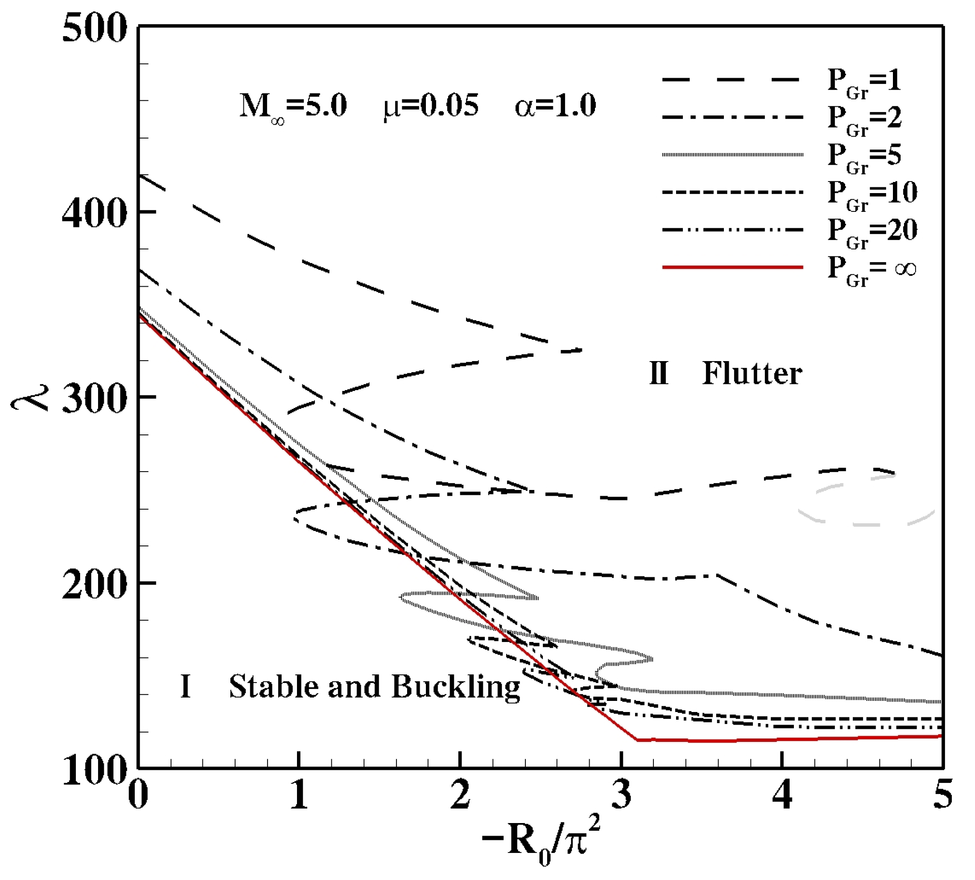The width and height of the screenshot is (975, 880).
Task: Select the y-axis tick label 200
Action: pyautogui.click(x=95, y=586)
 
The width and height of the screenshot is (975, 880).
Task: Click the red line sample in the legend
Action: pyautogui.click(x=732, y=267)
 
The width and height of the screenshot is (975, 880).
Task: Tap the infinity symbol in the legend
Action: pyautogui.click(x=905, y=269)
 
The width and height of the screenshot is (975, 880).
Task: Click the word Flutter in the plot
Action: pyautogui.click(x=752, y=374)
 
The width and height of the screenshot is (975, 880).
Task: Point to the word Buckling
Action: pyautogui.click(x=455, y=687)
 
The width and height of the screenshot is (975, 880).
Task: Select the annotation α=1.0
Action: pyautogui.click(x=555, y=106)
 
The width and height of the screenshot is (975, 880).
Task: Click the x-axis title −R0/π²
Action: pyautogui.click(x=542, y=847)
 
